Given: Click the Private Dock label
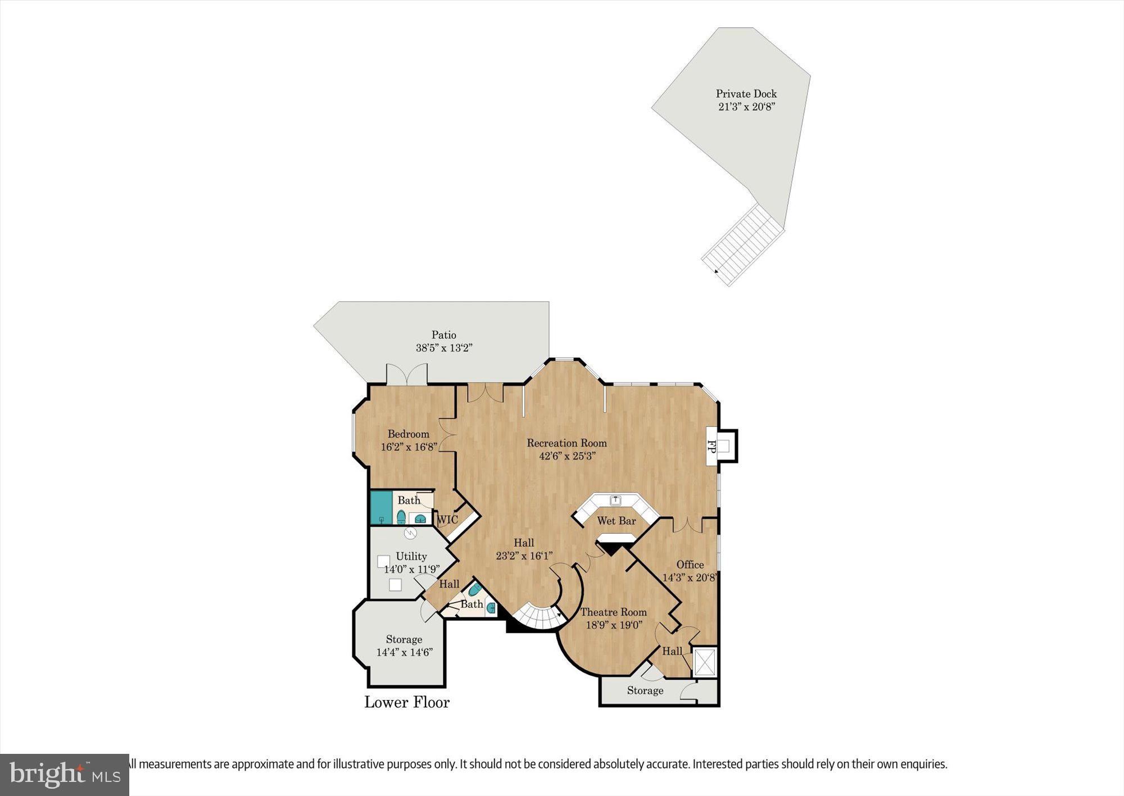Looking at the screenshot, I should point(746,94).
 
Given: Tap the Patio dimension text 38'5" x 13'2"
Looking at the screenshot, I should point(443,348).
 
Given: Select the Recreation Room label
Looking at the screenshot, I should point(566,443).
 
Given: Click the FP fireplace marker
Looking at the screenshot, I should point(711,447).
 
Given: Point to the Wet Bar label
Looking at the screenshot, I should point(617,521).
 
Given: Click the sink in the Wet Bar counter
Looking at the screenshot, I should point(616,499).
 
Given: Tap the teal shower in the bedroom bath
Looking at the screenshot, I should point(381,507).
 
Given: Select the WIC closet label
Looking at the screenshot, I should point(447,520).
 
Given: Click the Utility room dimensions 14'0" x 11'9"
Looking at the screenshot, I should point(411,569).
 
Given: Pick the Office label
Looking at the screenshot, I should point(690,565).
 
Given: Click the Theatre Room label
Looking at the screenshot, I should point(613,612).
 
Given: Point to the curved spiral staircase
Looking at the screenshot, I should point(538,616).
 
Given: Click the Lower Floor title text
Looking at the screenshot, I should point(407,702).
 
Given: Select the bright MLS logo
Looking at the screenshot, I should point(65,775).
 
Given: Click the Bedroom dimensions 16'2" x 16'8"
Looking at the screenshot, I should point(409,447).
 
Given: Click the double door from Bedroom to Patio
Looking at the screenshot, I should point(407,375).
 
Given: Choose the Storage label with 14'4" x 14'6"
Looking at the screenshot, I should point(404,639).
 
